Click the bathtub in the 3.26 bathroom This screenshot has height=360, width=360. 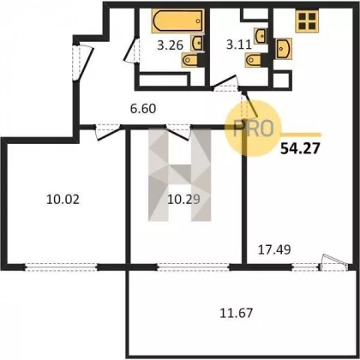tap(178, 21)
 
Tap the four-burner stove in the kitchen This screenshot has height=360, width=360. tap(307, 21)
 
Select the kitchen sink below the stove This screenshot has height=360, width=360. tap(284, 49)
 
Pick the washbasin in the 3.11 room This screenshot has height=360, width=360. tap(261, 36)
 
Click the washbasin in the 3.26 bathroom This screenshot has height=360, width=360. tap(198, 43)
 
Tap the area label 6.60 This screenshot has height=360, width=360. tap(143, 109)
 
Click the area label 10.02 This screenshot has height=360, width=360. tap(63, 200)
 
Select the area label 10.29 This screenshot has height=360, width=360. tap(183, 200)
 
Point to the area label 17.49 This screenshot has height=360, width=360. tap(274, 249)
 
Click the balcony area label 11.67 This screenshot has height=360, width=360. tap(237, 313)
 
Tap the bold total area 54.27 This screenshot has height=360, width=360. tap(299, 148)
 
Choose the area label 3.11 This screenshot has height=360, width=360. tap(239, 45)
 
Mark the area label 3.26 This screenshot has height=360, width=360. tap(171, 45)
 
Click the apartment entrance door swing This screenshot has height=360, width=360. tap(83, 63)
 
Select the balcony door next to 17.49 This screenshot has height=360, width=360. tap(333, 263)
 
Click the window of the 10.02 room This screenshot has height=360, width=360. tap(62, 267)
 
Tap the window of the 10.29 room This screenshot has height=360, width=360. tap(194, 267)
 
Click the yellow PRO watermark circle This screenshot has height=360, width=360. tap(254, 129)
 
